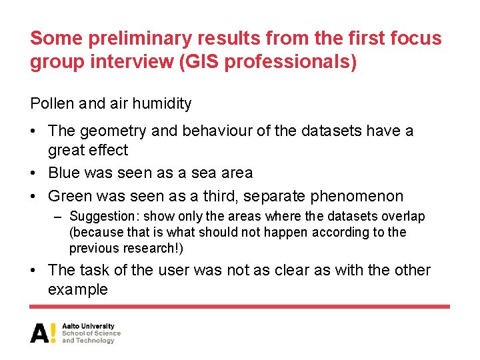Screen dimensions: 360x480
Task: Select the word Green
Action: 70,197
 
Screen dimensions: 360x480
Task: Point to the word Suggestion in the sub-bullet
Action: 104,217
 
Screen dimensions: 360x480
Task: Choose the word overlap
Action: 403,217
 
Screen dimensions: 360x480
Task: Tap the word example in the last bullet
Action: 78,290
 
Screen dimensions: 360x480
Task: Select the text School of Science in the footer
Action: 91,333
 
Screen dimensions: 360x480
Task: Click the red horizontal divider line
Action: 240,307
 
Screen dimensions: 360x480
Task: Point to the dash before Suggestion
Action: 58,217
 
